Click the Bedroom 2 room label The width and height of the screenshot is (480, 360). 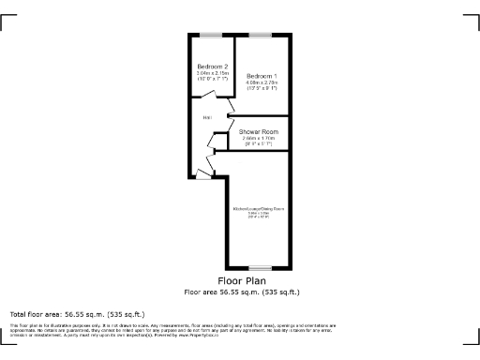(213, 66)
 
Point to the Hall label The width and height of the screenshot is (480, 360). (205, 117)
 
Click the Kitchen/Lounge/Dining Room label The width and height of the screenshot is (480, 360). (259, 207)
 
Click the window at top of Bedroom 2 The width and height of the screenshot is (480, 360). (211, 35)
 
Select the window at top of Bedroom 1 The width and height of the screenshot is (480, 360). (260, 35)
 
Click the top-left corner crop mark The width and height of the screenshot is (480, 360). (7, 21)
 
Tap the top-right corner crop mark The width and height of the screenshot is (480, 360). (472, 21)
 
